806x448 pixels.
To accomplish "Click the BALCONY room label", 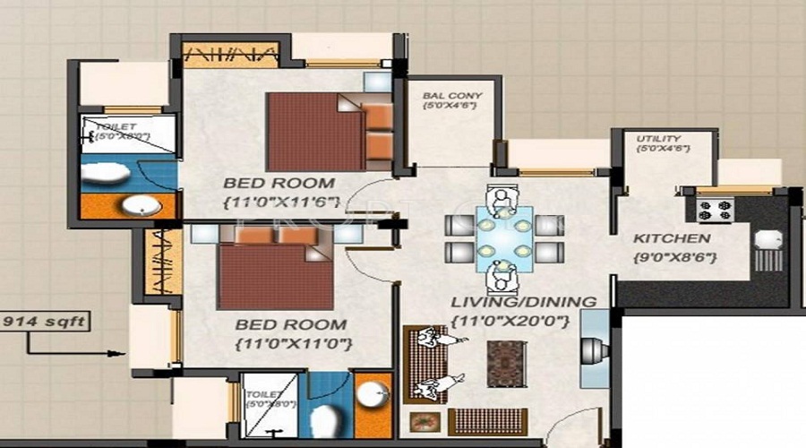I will coord(452,96).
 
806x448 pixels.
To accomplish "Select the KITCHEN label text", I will coord(672,239).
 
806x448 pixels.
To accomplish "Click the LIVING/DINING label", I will coord(524,303).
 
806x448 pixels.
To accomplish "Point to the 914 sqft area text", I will coord(44,318).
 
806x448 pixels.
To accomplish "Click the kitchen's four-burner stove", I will coord(715,211).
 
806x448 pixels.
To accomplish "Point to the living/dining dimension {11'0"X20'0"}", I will coord(524,321).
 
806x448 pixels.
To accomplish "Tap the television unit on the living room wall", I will coord(594,350).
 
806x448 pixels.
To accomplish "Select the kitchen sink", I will coord(768,239).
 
